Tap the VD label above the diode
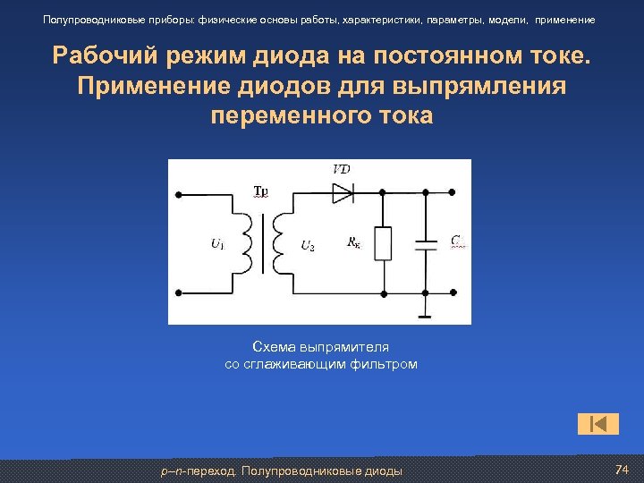click(x=341, y=170)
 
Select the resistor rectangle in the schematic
click(x=383, y=243)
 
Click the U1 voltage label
click(x=217, y=243)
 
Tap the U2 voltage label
click(x=307, y=244)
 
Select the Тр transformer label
click(x=260, y=191)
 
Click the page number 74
click(x=623, y=470)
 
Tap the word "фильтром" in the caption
click(x=387, y=364)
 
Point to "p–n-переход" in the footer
click(x=198, y=470)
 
